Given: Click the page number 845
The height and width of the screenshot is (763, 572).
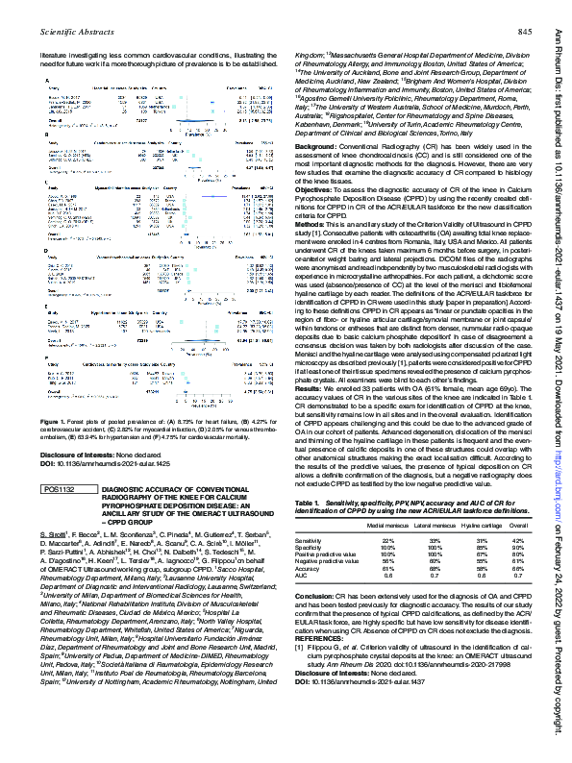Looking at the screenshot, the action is (x=526, y=33).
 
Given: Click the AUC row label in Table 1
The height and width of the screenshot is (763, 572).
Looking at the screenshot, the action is (x=304, y=602).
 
